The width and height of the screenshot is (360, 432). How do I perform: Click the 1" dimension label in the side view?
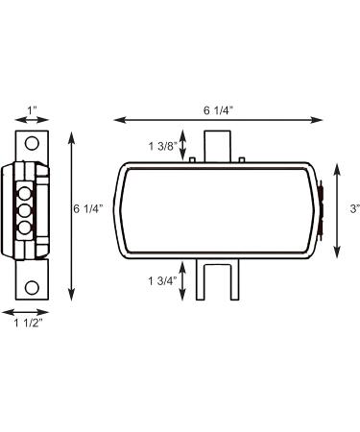click(32, 110)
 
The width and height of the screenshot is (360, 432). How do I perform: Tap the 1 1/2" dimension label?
click(28, 323)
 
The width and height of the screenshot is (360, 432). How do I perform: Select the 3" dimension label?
click(355, 209)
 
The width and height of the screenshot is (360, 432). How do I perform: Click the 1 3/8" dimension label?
click(162, 146)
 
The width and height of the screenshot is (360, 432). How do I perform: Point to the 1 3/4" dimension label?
click(162, 281)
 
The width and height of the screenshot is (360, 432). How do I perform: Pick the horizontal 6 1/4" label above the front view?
click(217, 110)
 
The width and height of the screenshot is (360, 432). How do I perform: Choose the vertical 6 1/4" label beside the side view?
click(88, 209)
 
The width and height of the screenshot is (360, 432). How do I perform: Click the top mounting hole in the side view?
click(32, 144)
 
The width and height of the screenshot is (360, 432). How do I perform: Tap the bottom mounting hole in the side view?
click(32, 288)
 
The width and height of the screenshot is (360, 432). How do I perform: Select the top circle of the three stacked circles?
click(25, 194)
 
